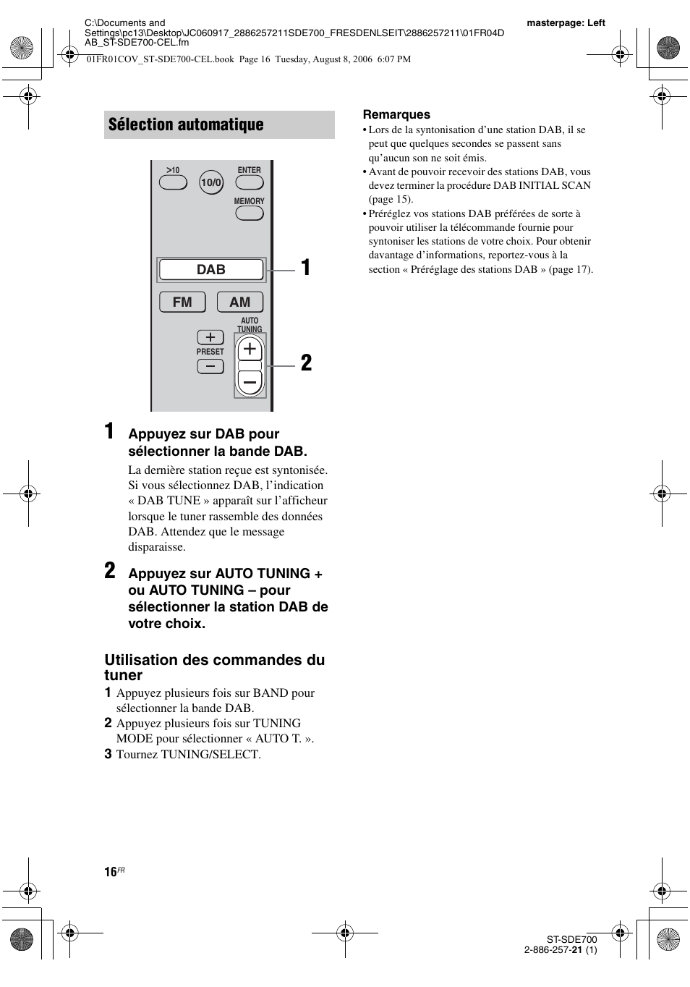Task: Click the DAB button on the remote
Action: tap(211, 270)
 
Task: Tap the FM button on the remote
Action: tap(182, 302)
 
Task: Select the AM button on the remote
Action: tap(239, 302)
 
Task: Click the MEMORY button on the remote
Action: tap(249, 213)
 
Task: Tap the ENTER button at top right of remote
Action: tap(249, 182)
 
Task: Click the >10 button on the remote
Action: tap(173, 182)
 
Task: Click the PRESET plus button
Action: tap(210, 337)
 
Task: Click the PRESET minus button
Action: tap(210, 366)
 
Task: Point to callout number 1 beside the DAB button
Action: tap(307, 268)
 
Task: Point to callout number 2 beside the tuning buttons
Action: tap(307, 363)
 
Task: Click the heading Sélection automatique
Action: tap(186, 124)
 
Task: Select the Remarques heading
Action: tap(396, 114)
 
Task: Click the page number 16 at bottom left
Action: tap(111, 872)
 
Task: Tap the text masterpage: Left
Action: tap(566, 22)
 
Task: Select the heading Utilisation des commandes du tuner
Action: tap(214, 667)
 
